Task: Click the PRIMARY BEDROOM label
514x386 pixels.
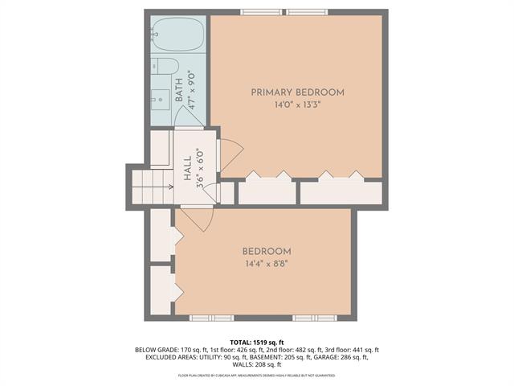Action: pos(297,92)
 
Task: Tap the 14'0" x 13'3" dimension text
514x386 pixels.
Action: pos(297,104)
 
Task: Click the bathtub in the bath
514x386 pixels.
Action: pos(177,35)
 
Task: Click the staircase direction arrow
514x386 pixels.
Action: pos(171,186)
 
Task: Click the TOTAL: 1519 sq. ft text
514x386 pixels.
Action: pos(257,342)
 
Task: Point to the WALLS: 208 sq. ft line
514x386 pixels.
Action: pos(257,366)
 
